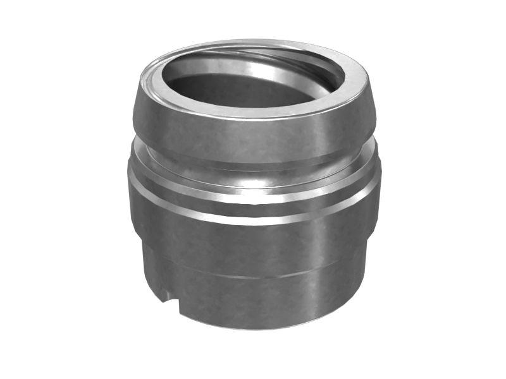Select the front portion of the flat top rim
click(x=253, y=114)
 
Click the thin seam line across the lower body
click(x=253, y=276)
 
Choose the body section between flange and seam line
click(x=253, y=246)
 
